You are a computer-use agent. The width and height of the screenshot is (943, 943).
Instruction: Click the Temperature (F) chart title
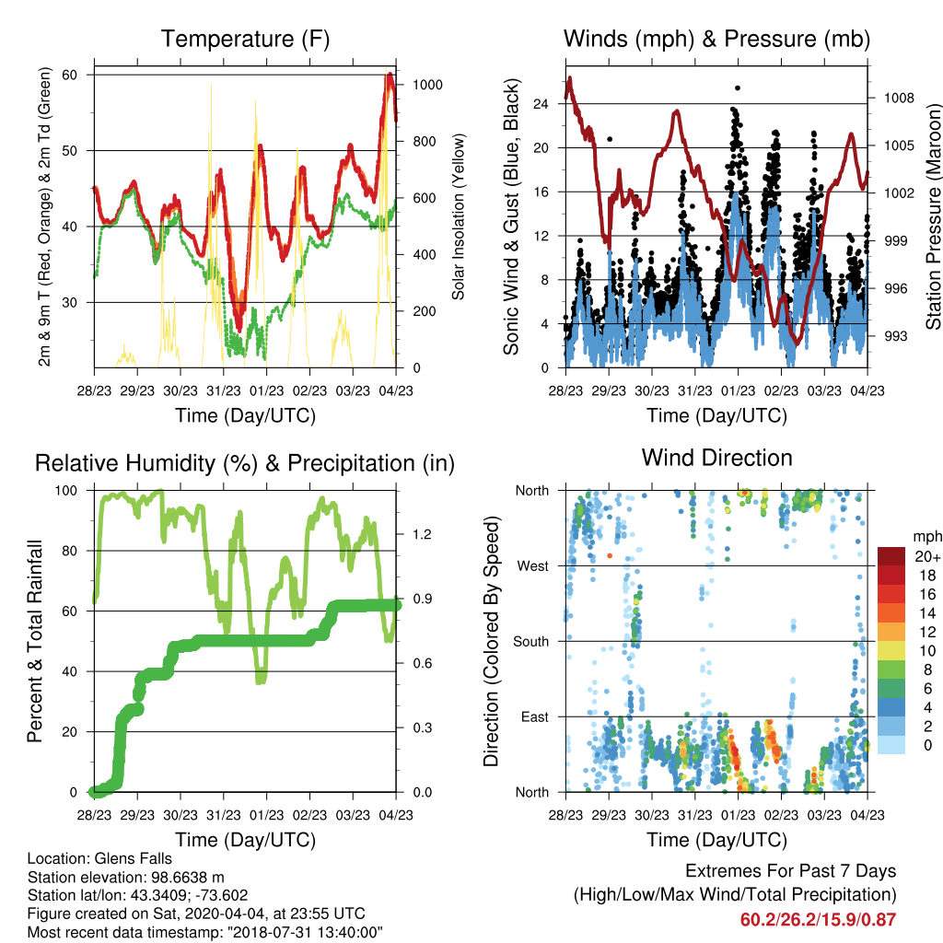point(245,39)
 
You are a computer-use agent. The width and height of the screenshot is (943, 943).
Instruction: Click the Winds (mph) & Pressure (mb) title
point(716,39)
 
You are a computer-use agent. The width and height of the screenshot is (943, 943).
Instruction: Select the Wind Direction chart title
point(716,458)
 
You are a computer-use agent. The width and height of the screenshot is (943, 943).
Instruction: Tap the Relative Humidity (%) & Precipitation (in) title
point(245,464)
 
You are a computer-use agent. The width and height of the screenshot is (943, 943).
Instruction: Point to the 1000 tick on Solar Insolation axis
point(427,85)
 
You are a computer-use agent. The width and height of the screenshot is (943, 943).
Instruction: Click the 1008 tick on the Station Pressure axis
point(899,98)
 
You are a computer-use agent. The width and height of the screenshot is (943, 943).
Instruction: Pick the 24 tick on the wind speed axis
point(541,104)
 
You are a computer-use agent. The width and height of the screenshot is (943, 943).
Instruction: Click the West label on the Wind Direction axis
point(533,566)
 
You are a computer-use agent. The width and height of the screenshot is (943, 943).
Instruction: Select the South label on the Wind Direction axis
point(531,642)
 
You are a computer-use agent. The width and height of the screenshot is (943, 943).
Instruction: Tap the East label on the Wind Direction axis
point(535,716)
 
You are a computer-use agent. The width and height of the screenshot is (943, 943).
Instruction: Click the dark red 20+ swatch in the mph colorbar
point(891,556)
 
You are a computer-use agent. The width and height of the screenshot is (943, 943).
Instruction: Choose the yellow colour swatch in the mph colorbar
point(891,651)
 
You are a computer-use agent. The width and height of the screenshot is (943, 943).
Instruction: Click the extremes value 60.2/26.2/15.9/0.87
point(818,920)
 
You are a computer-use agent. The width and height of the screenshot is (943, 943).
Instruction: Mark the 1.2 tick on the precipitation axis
point(422,534)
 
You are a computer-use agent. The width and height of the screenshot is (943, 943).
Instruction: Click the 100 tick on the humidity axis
point(66,491)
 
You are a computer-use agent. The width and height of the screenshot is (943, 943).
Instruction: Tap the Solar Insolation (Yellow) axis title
point(459,216)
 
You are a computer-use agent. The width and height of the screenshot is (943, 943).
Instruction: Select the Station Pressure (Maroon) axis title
point(934,216)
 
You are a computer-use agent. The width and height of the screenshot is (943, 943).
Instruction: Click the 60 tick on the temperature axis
point(70,75)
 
